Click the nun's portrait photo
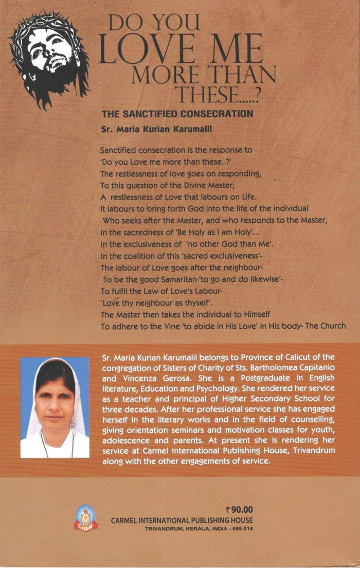click(x=55, y=407)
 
